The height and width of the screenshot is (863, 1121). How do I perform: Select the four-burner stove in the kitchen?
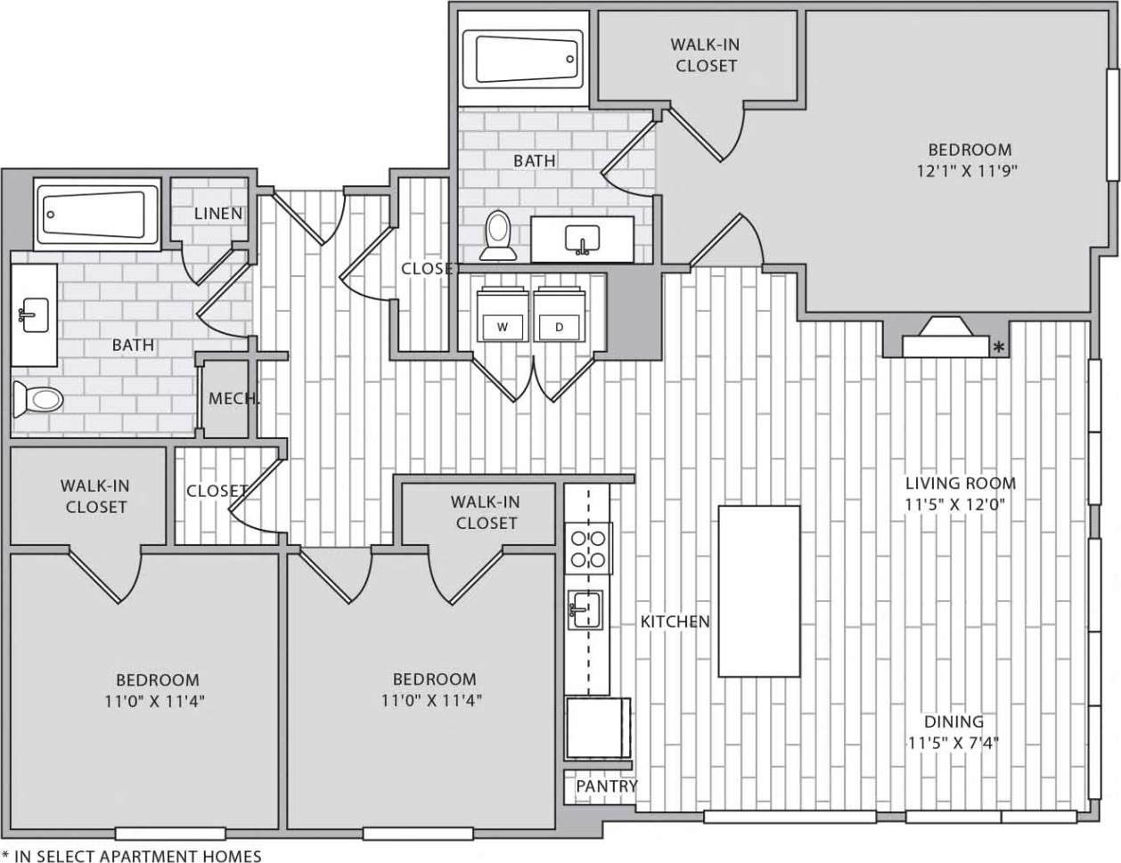[x=588, y=548]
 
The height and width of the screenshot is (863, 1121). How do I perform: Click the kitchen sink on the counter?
[x=585, y=611]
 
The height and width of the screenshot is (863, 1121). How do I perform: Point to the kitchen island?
[x=759, y=591]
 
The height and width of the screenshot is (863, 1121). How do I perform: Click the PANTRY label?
[x=606, y=786]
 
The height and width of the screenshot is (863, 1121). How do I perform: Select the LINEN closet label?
[x=217, y=214]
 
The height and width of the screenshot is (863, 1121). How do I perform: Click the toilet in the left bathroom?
[x=38, y=397]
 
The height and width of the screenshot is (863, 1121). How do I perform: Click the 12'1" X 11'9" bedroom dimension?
[x=970, y=171]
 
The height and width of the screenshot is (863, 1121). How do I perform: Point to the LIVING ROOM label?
[x=960, y=484]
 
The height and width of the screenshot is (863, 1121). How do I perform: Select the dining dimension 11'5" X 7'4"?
[x=953, y=743]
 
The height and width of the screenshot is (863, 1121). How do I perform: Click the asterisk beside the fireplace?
[x=1000, y=346]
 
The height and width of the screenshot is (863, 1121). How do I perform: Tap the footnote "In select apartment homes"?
[x=132, y=855]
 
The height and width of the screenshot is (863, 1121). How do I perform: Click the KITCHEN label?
[x=675, y=622]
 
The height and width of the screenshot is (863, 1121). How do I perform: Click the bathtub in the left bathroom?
[x=96, y=215]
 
